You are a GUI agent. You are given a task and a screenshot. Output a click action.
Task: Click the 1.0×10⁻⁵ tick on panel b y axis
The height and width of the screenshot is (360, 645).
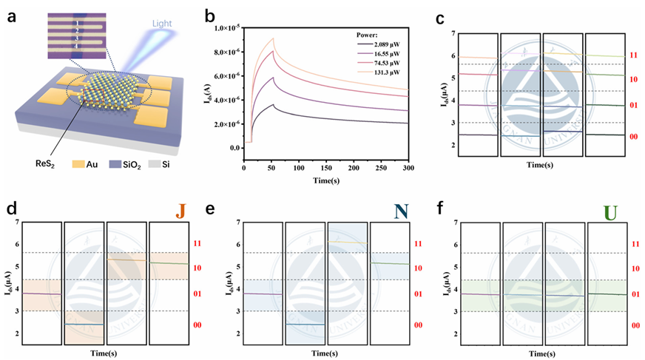(228, 28)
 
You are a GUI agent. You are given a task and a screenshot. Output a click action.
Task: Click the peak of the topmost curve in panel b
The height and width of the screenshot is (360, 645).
(274, 38)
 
